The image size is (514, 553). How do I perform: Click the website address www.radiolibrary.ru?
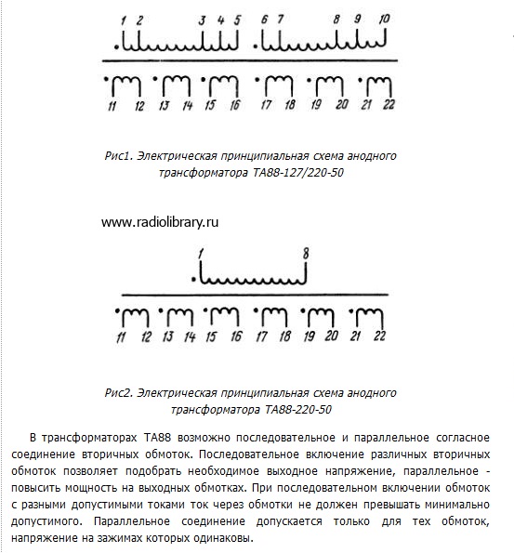159,222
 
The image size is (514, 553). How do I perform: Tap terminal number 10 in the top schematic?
385,19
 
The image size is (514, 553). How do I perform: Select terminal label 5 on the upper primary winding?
237,19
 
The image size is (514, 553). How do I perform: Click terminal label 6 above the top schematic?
265,19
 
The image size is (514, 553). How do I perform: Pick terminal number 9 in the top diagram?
359,19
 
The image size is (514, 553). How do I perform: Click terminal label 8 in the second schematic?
305,253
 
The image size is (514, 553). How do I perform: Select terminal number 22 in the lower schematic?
379,335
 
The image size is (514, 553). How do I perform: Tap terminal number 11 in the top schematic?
111,105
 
